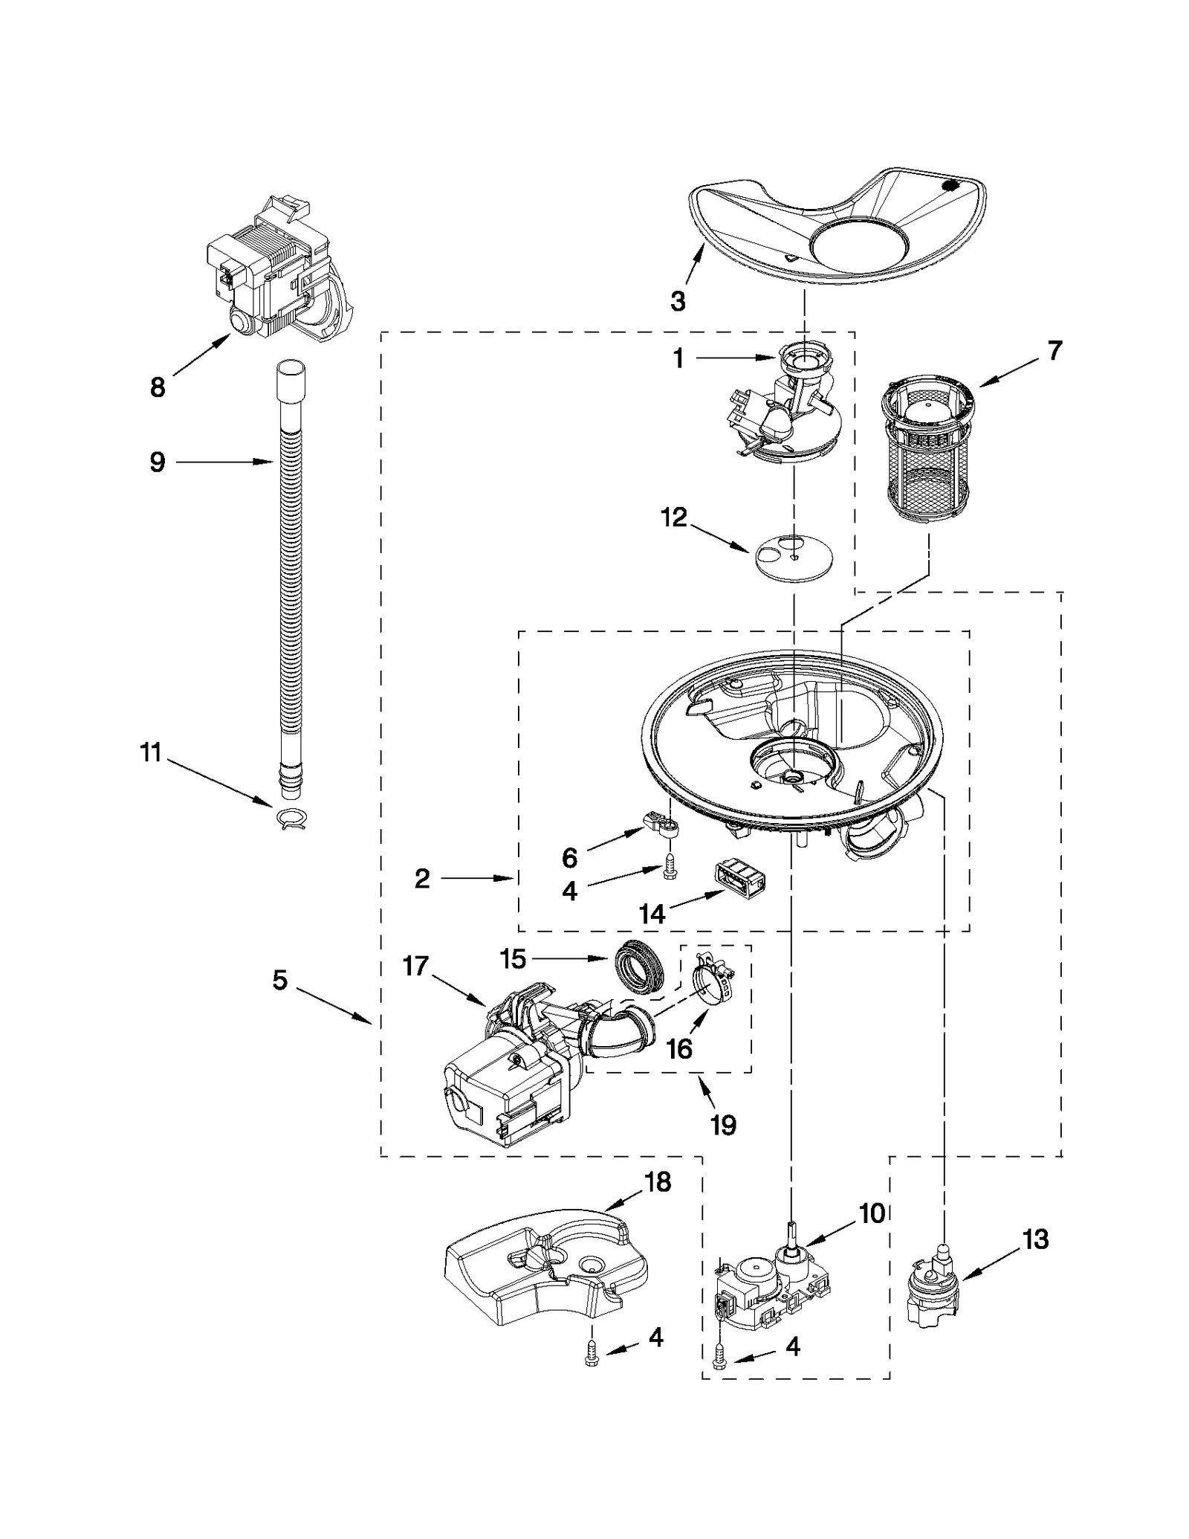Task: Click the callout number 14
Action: pos(652,914)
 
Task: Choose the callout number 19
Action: pos(723,1125)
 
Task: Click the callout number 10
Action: pos(872,1213)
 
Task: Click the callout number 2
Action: pos(421,879)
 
